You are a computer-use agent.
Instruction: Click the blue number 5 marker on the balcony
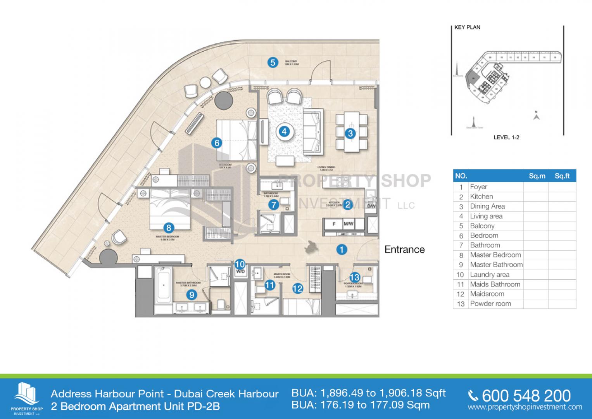pos(273,62)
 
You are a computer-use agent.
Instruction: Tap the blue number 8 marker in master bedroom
pos(168,228)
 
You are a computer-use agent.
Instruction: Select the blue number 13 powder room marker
pos(354,277)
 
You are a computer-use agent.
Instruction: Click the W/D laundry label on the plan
pos(240,271)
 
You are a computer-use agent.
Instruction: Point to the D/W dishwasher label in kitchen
pos(371,206)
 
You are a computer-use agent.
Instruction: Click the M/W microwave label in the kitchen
pos(348,224)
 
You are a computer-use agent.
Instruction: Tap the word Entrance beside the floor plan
pos(404,249)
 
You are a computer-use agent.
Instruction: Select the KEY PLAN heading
pos(467,27)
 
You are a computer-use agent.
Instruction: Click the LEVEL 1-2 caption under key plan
pos(506,137)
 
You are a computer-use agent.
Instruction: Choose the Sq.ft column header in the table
pos(562,176)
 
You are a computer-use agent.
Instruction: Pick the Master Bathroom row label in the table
pos(496,265)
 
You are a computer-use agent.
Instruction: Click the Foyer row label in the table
pos(478,187)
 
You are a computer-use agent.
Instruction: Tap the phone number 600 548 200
pos(526,396)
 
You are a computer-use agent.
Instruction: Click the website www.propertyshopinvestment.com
pos(525,407)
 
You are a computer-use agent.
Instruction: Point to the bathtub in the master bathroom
pos(163,285)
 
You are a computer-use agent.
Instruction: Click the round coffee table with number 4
pos(284,132)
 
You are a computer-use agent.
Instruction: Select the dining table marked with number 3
pos(351,133)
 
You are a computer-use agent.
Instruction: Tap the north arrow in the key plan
pos(537,115)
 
